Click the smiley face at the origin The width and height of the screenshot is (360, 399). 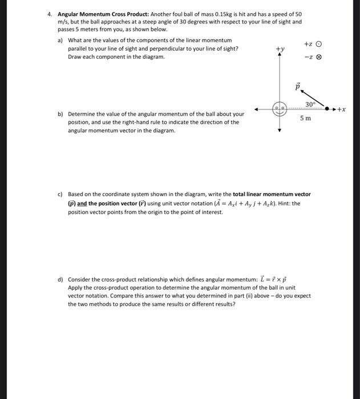[280, 109]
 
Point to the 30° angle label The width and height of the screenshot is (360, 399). [310, 104]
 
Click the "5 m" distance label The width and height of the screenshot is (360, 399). [306, 118]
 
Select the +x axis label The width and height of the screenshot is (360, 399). [342, 108]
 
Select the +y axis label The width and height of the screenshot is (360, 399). [280, 50]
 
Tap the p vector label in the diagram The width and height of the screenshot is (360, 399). [297, 86]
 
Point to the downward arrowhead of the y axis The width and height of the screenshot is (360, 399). [280, 130]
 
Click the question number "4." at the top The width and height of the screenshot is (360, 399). [50, 14]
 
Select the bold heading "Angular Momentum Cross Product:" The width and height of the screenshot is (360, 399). [94, 14]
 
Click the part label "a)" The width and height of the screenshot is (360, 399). [60, 40]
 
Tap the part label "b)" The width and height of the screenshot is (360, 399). [60, 114]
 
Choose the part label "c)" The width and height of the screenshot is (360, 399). [60, 194]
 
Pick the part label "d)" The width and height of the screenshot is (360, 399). [60, 279]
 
